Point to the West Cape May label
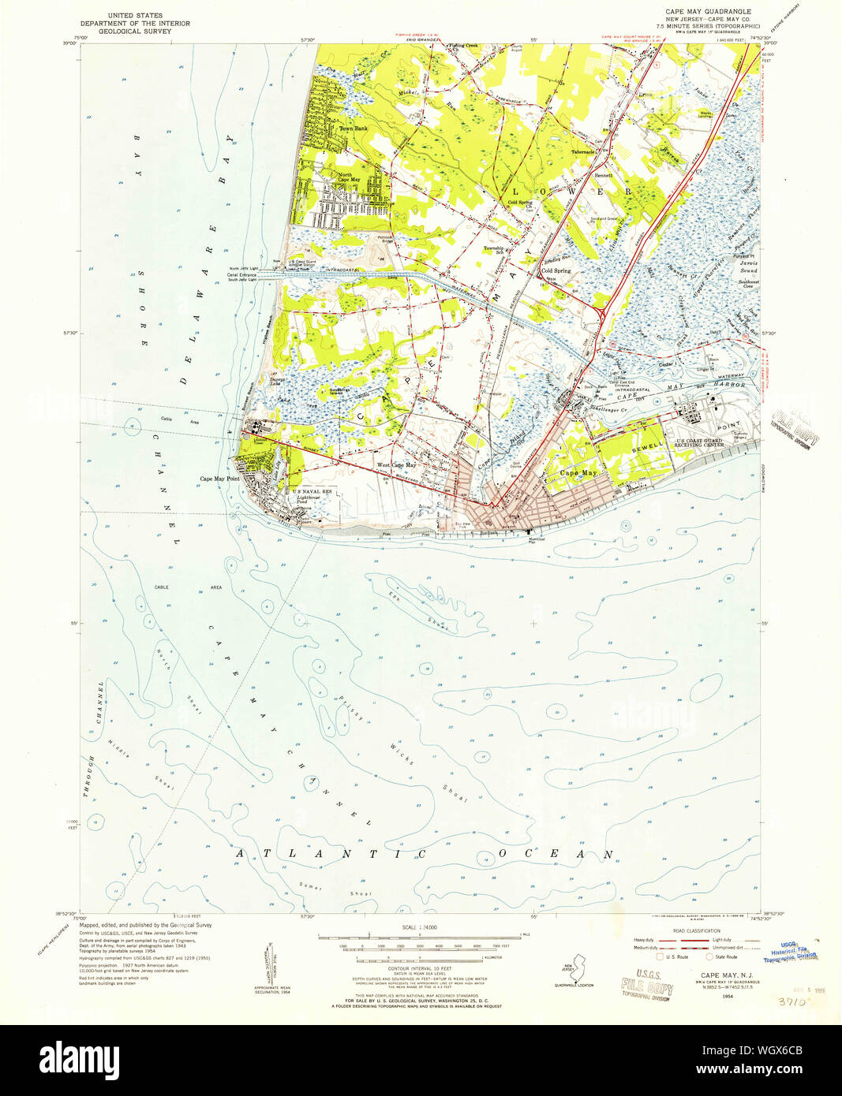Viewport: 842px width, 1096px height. tap(395, 465)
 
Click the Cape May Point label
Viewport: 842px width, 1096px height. tap(219, 479)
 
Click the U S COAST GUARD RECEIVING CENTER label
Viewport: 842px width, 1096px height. tap(699, 443)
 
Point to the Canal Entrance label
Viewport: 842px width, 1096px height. tap(242, 274)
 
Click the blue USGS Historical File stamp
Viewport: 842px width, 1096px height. tap(798, 950)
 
